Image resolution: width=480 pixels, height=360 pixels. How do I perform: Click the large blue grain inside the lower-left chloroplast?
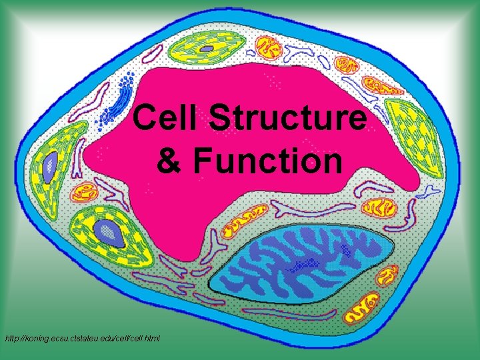[105, 231]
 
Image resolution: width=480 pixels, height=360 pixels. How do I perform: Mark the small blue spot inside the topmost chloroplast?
[208, 49]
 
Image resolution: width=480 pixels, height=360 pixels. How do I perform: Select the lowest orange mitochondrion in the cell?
[366, 309]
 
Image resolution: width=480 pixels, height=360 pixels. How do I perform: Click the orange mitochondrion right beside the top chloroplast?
[270, 48]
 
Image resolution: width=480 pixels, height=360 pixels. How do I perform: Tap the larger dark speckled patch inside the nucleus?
[303, 264]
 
